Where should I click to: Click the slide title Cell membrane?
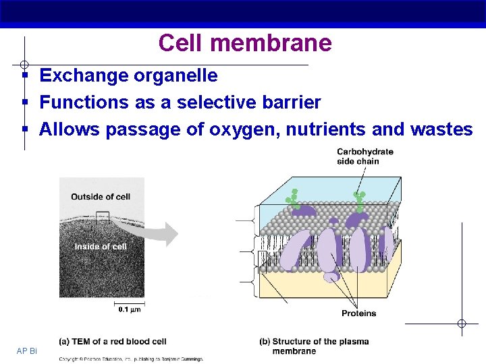pos(245,43)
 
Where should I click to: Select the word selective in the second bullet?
pos(210,102)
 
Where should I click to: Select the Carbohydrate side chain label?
pos(364,156)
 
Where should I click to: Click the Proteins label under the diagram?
pos(358,313)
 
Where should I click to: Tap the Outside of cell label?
pos(101,197)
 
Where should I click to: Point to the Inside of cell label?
pos(101,247)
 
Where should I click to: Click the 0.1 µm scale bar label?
pos(129,309)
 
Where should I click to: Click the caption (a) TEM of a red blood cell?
pos(113,342)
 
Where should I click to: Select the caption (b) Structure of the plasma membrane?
pos(314,346)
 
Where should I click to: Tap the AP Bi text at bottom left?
pos(28,351)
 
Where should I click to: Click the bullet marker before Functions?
pos(24,102)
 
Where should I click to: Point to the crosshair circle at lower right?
pos(462,324)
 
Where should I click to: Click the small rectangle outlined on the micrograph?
pos(102,216)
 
